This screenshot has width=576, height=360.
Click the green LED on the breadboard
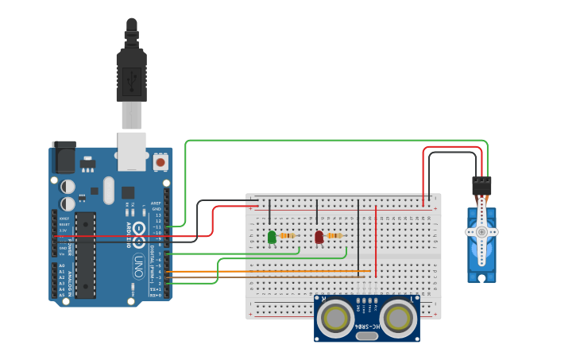(x=272, y=237)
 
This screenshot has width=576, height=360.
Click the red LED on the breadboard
(x=319, y=237)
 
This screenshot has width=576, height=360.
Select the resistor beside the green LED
(x=288, y=235)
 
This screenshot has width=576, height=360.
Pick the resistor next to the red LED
(x=334, y=235)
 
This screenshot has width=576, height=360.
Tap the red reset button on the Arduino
(x=160, y=161)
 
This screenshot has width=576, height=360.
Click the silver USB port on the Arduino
(x=132, y=151)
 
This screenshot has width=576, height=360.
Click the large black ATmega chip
(x=85, y=254)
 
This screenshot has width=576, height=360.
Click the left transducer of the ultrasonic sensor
(x=335, y=319)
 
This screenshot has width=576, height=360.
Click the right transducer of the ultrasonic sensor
(x=398, y=319)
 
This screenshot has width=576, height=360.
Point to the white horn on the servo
(x=481, y=231)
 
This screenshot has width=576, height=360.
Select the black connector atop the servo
(x=481, y=185)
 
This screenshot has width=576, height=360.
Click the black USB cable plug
(x=131, y=75)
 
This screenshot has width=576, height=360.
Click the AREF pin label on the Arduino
(x=157, y=203)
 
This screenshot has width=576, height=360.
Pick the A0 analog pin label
(x=62, y=266)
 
